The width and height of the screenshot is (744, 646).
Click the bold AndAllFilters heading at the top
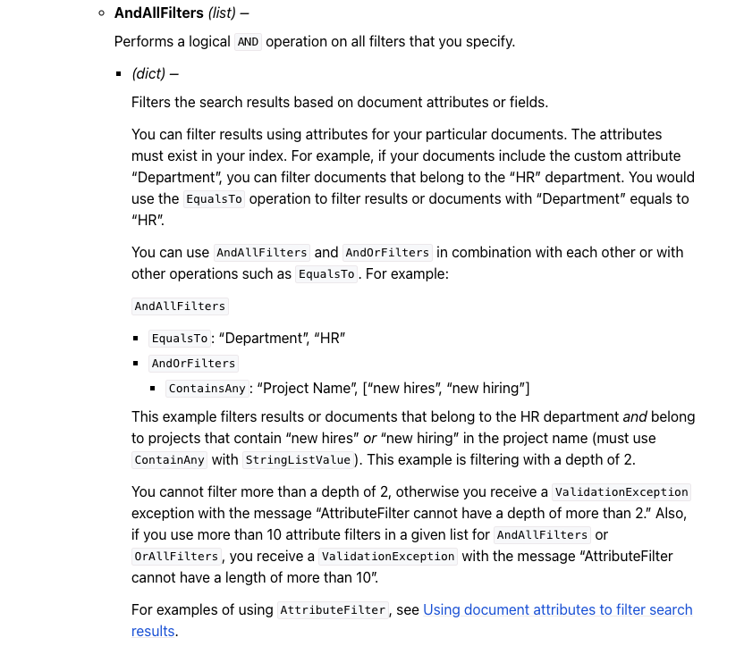pyautogui.click(x=159, y=13)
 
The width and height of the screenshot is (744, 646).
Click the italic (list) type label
pyautogui.click(x=224, y=13)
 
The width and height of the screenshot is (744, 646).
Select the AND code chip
pyautogui.click(x=248, y=42)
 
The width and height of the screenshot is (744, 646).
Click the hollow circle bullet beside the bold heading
pyautogui.click(x=102, y=13)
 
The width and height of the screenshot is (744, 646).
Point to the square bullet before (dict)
pyautogui.click(x=119, y=73)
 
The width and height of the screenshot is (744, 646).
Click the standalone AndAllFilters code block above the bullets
pyautogui.click(x=180, y=306)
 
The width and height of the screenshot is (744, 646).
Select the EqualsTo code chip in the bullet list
pyautogui.click(x=180, y=339)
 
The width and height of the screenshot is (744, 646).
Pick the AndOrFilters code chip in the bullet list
pyautogui.click(x=193, y=364)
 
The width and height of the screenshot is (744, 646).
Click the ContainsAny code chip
pyautogui.click(x=207, y=389)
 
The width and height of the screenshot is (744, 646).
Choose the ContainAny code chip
pyautogui.click(x=170, y=460)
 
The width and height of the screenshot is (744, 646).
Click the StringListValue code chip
pyautogui.click(x=299, y=460)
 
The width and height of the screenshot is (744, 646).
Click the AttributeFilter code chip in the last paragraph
pyautogui.click(x=333, y=610)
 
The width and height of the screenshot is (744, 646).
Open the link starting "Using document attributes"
pyautogui.click(x=557, y=609)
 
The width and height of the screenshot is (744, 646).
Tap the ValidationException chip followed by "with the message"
pyautogui.click(x=388, y=557)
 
